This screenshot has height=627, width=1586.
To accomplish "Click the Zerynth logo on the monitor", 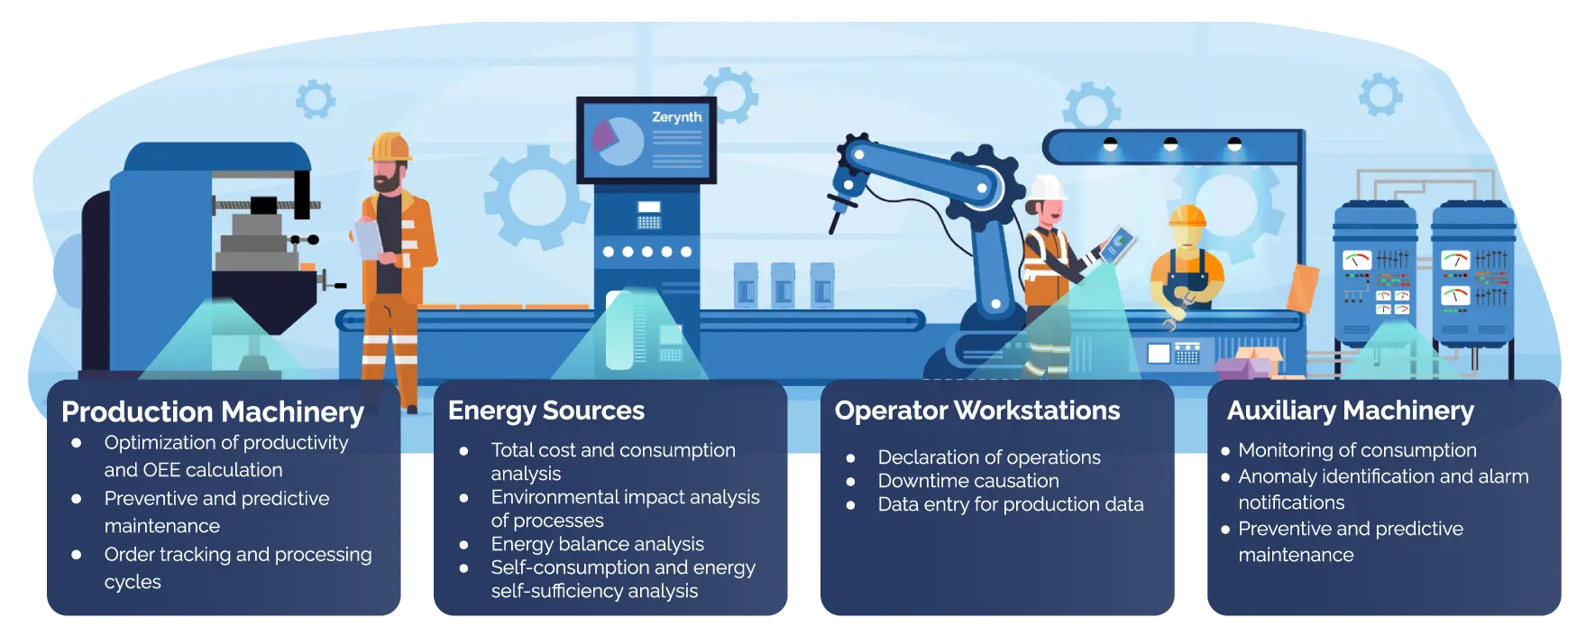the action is point(676,117).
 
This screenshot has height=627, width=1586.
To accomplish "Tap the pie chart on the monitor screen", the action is point(618,141).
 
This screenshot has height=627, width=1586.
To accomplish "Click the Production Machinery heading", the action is point(213,412).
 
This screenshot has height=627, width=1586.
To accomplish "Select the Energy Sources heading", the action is point(546,410).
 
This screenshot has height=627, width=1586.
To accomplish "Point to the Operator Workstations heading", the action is point(977,410).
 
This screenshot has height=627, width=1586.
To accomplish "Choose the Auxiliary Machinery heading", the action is point(1351,410).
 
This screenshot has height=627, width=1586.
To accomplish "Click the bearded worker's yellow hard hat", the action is point(390,148).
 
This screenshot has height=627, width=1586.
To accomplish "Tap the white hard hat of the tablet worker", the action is point(1047,188).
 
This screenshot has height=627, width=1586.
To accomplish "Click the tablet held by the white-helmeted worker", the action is point(1117,244).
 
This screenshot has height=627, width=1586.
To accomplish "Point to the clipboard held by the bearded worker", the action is point(369,239).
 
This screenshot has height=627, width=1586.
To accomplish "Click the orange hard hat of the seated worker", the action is point(1187,216).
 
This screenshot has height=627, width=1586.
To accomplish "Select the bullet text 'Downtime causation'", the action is point(968,481).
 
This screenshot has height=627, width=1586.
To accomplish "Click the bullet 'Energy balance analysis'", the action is point(597,544).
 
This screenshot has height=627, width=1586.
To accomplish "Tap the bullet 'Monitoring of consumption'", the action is point(1357,450).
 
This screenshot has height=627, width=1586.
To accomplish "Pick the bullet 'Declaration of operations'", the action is point(989,457).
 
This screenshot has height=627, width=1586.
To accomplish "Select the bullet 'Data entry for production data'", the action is point(1011,504).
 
